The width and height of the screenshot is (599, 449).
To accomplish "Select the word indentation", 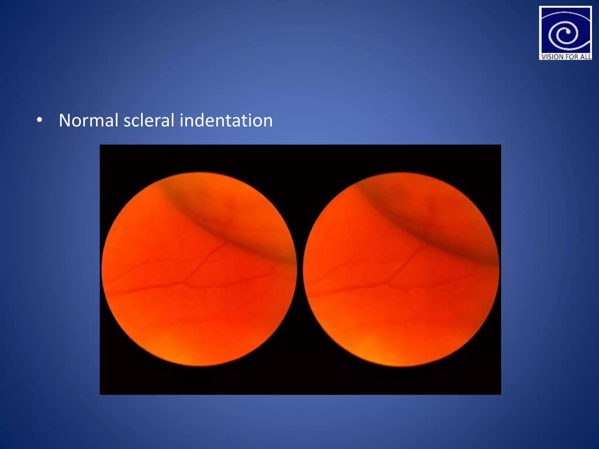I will (226, 120).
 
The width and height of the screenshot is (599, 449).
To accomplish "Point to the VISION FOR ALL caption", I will (566, 57).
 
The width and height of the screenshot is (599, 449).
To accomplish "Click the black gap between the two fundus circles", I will (300, 269).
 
